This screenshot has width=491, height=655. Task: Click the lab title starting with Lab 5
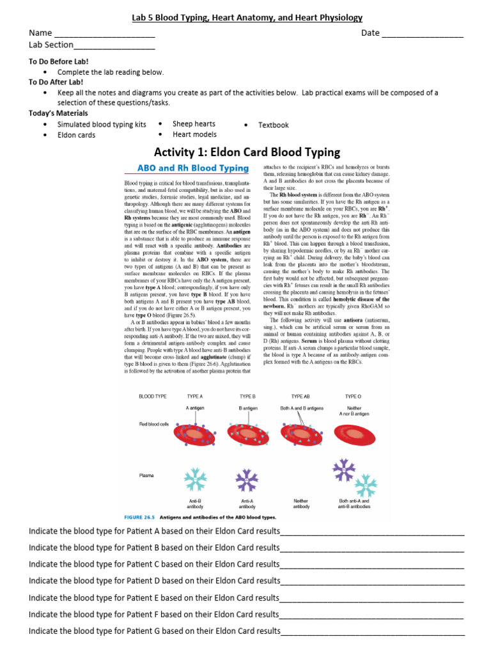pos(247,18)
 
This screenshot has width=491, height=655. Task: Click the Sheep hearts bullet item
pos(194,123)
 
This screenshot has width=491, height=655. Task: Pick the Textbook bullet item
pos(273,125)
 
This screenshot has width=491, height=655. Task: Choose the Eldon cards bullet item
pos(76,135)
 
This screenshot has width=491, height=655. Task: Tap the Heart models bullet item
pos(194,134)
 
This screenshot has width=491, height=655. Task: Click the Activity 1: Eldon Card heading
pos(247,152)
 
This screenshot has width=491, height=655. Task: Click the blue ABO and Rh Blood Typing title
pos(193,168)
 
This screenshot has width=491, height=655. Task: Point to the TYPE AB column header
pos(301,397)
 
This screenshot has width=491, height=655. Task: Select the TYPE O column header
pos(354,397)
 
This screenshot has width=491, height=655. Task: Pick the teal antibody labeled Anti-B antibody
pos(194,480)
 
